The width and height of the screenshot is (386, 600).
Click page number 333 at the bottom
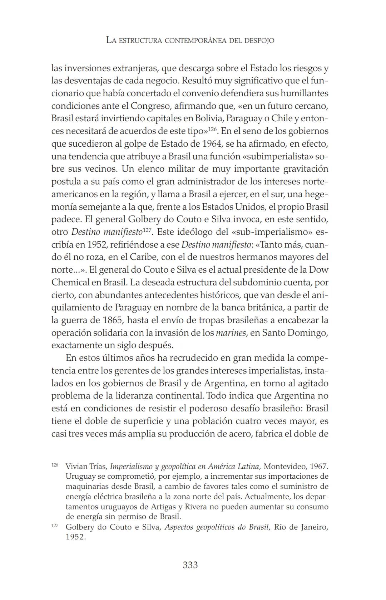click(x=190, y=565)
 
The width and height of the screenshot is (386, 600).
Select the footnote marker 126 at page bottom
click(x=55, y=465)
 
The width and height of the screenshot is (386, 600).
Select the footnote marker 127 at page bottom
click(x=55, y=526)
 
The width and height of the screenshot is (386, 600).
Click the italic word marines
click(x=231, y=333)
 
